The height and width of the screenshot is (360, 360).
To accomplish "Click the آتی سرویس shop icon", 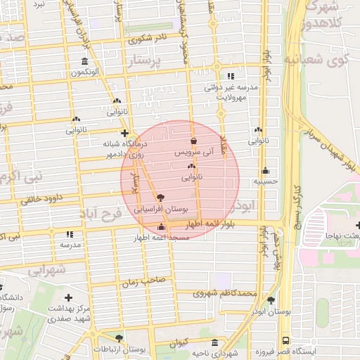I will (193, 141).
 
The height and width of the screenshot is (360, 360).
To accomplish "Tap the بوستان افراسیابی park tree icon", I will (161, 198).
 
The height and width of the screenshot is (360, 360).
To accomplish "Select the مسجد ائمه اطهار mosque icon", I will (162, 227).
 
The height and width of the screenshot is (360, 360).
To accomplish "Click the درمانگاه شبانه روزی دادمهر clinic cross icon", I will (124, 132).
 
